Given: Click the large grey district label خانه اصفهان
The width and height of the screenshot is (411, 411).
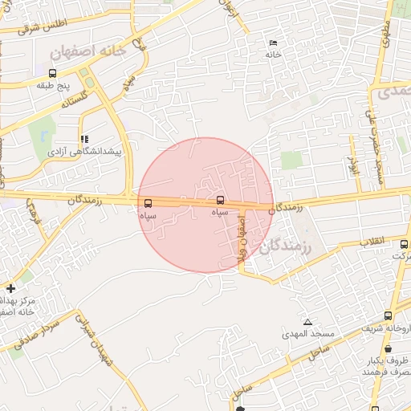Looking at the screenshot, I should point(87,51).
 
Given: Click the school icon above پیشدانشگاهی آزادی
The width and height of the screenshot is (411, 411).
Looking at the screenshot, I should point(84,139).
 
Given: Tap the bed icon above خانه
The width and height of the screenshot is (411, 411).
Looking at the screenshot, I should point(273,43).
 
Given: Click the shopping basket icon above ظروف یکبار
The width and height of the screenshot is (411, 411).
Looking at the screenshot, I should point(389,349).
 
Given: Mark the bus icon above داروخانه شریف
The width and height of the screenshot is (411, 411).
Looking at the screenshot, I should point(389,315).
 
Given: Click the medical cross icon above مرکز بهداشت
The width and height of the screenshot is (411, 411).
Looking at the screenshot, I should point(10,287).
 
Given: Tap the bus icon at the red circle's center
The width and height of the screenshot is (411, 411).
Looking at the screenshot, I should point(221,200).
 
